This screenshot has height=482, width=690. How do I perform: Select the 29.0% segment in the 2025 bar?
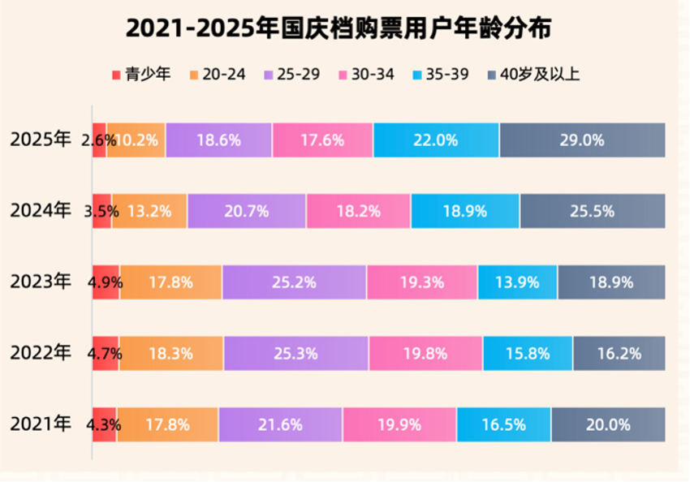point(582,140)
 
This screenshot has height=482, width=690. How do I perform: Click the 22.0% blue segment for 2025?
point(436,140)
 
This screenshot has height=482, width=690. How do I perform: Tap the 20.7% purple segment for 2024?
point(246,211)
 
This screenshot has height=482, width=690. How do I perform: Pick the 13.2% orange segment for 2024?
point(149,211)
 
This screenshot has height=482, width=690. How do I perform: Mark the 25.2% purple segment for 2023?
point(294,282)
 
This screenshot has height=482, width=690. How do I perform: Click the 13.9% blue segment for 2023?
point(517,282)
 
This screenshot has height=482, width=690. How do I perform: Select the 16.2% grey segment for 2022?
point(619,353)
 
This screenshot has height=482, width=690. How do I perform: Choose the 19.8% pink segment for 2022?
point(425,353)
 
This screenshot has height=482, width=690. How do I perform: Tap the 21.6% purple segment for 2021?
point(280,424)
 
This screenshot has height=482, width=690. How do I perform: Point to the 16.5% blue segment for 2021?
point(503,424)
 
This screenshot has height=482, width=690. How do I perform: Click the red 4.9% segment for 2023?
point(106,282)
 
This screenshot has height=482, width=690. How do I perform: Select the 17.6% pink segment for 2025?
point(322,140)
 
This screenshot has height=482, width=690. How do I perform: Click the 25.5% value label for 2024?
point(592,211)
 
